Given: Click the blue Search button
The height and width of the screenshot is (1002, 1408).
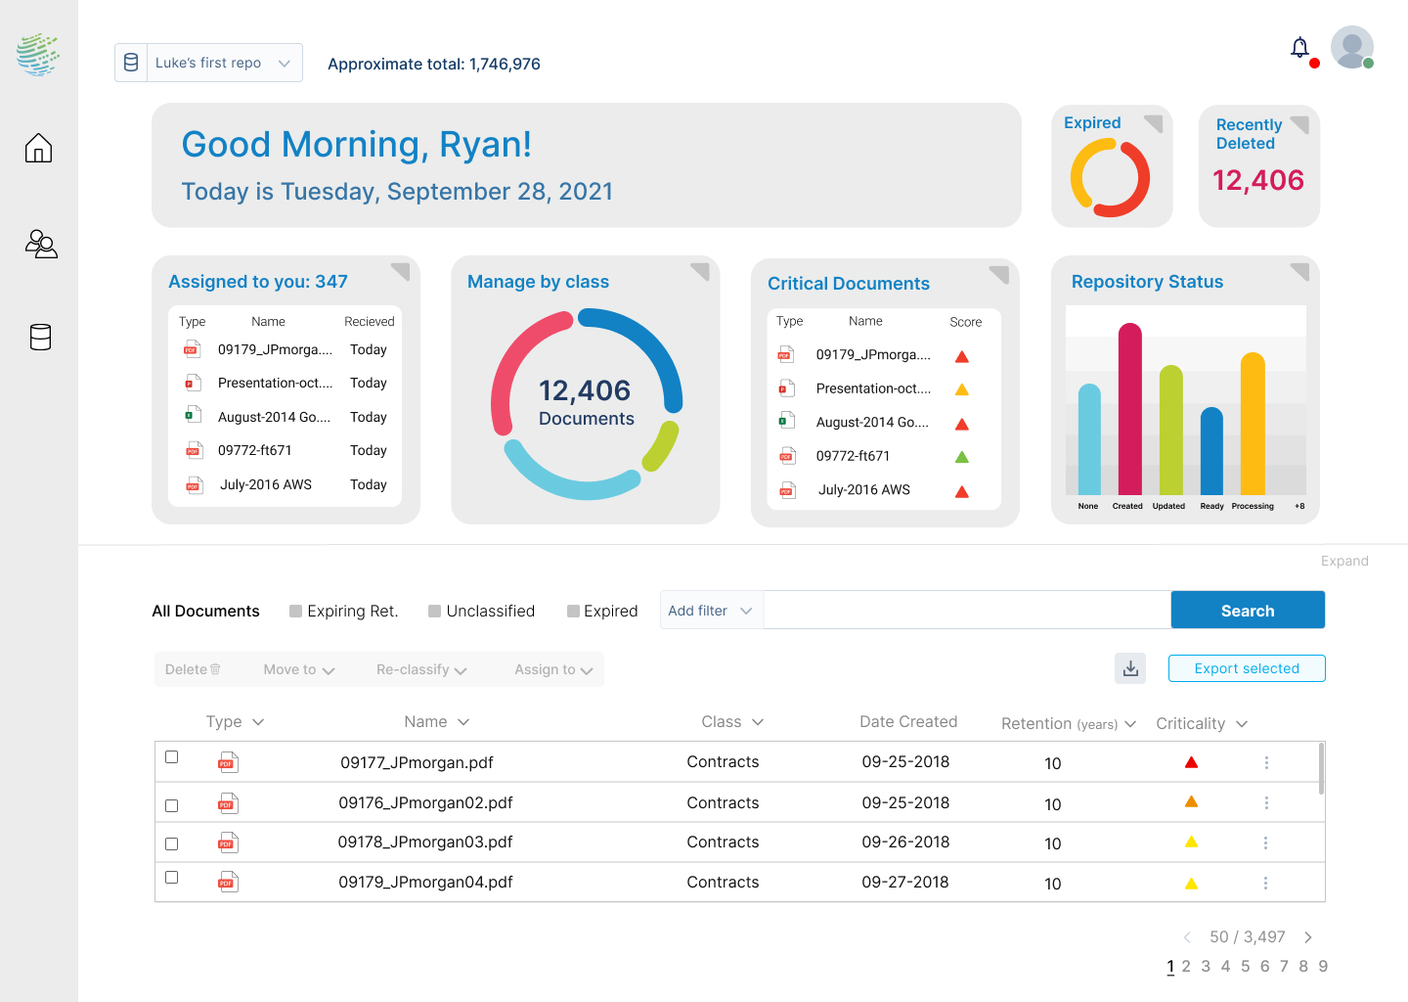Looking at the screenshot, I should tap(1247, 610).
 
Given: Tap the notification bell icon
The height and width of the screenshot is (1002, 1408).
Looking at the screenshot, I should tap(1299, 48).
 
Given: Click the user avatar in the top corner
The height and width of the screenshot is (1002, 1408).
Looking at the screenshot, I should tap(1351, 47).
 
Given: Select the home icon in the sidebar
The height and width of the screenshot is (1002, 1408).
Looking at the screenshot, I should tap(39, 148).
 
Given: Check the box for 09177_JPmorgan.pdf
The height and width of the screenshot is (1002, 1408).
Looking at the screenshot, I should tap(172, 757).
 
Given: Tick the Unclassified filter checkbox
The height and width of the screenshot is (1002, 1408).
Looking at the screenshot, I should tap(434, 612).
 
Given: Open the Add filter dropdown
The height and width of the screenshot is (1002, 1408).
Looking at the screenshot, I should tap(710, 611).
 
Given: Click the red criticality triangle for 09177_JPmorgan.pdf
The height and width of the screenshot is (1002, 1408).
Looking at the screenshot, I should tap(1191, 762).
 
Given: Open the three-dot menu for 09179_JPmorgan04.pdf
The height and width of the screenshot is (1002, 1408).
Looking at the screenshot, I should tap(1265, 883).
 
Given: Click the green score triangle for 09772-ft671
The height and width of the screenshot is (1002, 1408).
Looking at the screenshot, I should tap(961, 457).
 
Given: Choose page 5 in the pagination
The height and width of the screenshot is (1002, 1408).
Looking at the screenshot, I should tap(1245, 966).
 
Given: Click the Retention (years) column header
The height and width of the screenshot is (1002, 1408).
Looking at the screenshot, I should tap(1067, 724).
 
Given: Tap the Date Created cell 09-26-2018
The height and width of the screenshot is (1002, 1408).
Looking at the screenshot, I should tap(905, 843).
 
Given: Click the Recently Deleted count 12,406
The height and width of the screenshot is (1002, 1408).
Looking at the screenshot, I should tap(1257, 180).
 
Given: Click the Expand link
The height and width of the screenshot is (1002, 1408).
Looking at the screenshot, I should tap(1343, 561).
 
